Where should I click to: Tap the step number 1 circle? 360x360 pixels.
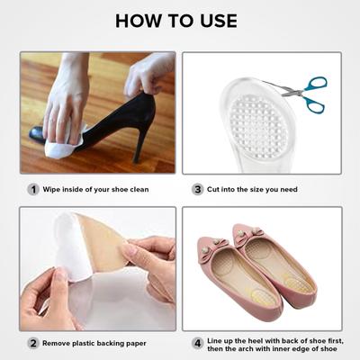coord(33,189)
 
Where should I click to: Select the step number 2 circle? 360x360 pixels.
coord(33,342)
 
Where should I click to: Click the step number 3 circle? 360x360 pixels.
coord(197,189)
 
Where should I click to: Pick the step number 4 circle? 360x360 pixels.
coord(197,342)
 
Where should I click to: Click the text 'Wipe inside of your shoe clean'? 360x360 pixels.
coord(97,189)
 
